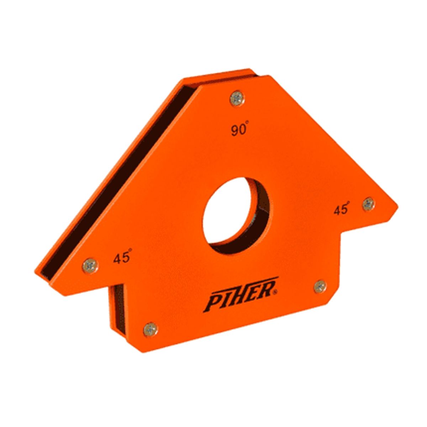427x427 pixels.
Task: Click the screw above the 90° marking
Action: pyautogui.click(x=237, y=99)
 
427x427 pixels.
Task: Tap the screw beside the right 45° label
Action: pyautogui.click(x=369, y=203)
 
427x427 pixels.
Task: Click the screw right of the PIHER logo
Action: pyautogui.click(x=320, y=286)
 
